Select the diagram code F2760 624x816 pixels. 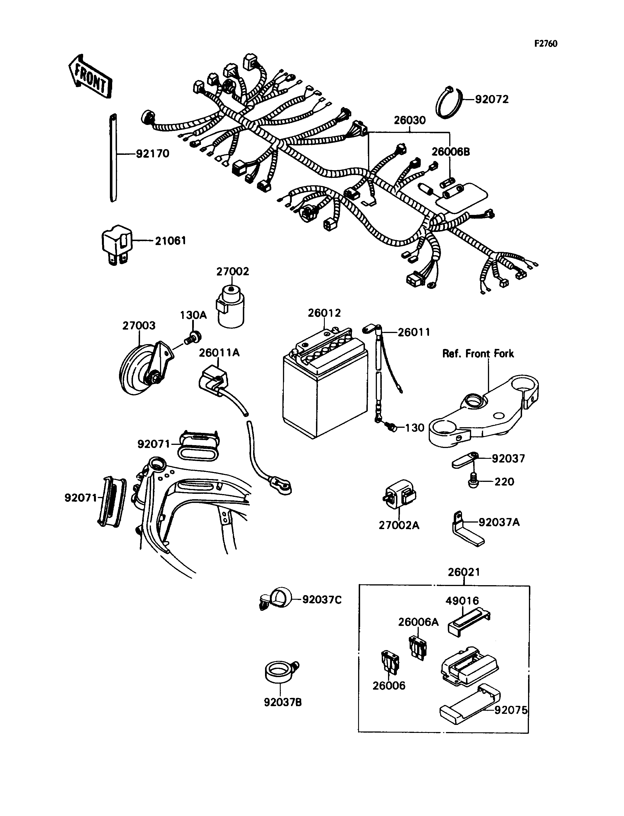pos(546,44)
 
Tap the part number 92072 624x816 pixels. pos(492,100)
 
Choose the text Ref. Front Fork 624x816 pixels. pos(478,353)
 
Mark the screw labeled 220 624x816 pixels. pos(473,481)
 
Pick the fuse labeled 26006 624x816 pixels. pos(390,661)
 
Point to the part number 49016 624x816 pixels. pos(462,600)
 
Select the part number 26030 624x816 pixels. pos(410,120)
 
